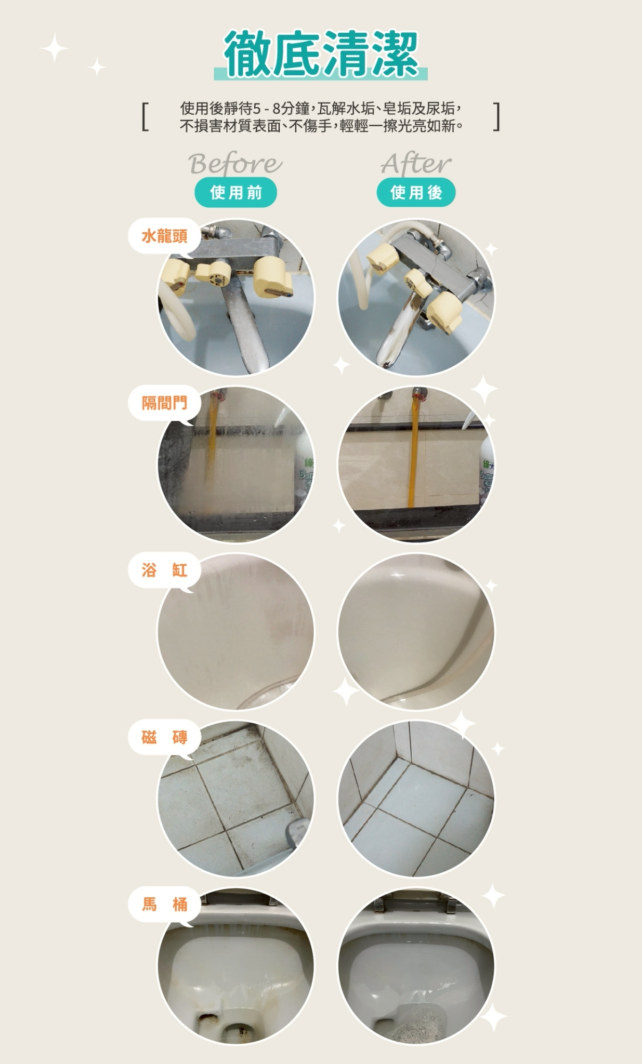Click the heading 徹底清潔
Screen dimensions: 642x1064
pyautogui.click(x=321, y=54)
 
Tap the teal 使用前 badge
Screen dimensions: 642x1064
pyautogui.click(x=235, y=193)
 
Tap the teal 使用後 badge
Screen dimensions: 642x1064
pyautogui.click(x=416, y=193)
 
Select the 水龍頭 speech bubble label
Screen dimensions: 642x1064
pyautogui.click(x=165, y=236)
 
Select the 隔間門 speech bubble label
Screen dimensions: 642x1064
pyautogui.click(x=165, y=403)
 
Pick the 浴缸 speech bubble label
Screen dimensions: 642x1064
pyautogui.click(x=165, y=570)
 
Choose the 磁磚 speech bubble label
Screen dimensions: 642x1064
pyautogui.click(x=165, y=737)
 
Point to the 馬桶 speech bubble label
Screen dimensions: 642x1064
pyautogui.click(x=165, y=905)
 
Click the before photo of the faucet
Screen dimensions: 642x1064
pyautogui.click(x=236, y=297)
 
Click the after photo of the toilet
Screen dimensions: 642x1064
pyautogui.click(x=416, y=966)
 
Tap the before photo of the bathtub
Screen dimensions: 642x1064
pyautogui.click(x=236, y=631)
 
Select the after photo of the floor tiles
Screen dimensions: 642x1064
pyautogui.click(x=416, y=799)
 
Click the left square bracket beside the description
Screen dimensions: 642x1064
pyautogui.click(x=145, y=117)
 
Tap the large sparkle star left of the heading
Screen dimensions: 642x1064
pyautogui.click(x=54, y=48)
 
